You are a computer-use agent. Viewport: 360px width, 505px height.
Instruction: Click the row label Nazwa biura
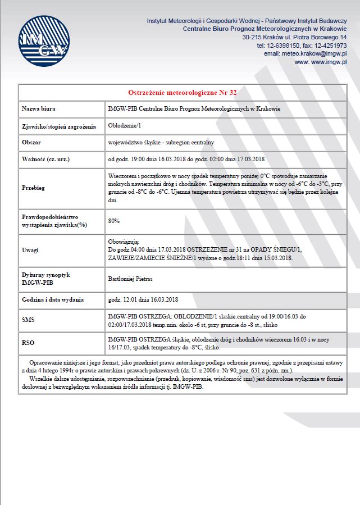coord(39,108)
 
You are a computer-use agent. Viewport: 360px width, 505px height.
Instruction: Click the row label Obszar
coord(31,143)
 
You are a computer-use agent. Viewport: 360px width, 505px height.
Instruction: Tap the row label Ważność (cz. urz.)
coord(45,159)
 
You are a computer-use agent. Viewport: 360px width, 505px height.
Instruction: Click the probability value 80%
coord(113,220)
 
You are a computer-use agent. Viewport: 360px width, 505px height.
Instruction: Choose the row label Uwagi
coord(30,250)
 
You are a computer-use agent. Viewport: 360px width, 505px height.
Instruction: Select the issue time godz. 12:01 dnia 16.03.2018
coord(143,299)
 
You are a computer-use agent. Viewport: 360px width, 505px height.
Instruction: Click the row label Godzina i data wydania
coord(52,299)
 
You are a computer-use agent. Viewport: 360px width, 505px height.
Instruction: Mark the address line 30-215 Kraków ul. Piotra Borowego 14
coord(294,37)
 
